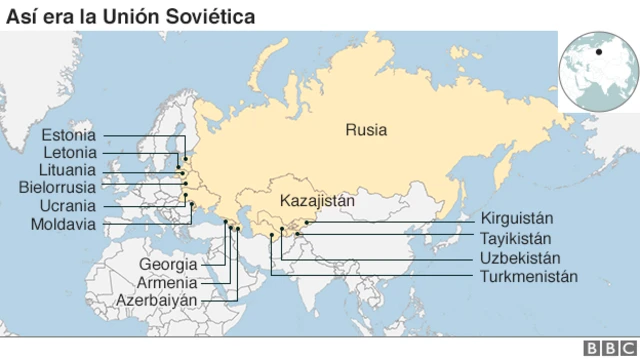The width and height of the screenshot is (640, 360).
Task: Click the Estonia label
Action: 69,135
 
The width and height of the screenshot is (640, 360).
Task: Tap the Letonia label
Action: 70,152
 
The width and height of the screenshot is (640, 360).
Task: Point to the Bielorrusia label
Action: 57,187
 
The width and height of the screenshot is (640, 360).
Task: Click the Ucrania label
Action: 69,205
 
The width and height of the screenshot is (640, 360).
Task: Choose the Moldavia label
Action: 63,223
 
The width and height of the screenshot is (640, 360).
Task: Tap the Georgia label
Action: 168,265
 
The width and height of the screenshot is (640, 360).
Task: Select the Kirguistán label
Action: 517,219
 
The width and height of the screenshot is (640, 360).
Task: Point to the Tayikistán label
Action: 517,239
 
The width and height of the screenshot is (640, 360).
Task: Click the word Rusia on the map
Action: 366,129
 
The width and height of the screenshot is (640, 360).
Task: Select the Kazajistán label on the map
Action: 318,199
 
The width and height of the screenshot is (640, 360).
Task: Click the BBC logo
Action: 605,347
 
